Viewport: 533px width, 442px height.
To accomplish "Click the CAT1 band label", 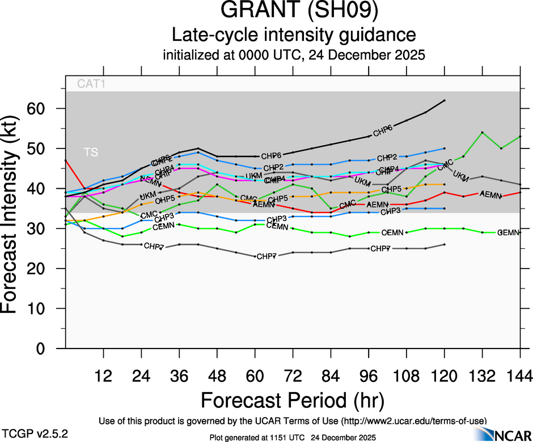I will click(92, 84).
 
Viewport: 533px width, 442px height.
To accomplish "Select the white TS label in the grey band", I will click(91, 152).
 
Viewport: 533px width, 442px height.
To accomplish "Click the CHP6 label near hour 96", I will click(383, 132).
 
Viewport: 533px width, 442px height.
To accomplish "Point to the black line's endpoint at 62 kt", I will click(445, 100).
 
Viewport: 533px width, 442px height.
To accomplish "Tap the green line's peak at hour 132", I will click(482, 133).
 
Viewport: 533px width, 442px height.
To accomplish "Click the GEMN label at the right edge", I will click(509, 233).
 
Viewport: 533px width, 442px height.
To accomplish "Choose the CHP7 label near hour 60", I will click(266, 257).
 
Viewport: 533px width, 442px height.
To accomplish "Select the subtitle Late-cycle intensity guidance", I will click(294, 35).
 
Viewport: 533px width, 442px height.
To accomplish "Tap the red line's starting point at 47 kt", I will click(66, 160).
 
